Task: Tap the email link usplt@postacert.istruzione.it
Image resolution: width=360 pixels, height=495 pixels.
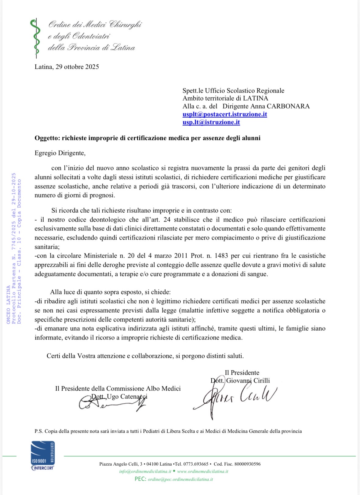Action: (225, 114)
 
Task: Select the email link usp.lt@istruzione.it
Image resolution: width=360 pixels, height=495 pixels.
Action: (211, 122)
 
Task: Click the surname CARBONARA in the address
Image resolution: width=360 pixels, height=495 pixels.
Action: (288, 106)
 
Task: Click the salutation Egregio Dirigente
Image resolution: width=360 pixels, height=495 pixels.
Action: (60, 153)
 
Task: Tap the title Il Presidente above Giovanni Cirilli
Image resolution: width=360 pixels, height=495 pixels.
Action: (242, 372)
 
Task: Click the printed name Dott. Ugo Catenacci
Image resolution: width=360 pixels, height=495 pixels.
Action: (119, 397)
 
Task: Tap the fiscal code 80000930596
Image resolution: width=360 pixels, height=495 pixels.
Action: (247, 464)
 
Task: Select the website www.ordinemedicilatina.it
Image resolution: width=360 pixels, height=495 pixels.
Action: (202, 471)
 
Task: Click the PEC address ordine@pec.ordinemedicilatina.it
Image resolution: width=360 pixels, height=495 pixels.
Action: (180, 479)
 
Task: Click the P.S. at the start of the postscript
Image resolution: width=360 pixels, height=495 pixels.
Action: (38, 431)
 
